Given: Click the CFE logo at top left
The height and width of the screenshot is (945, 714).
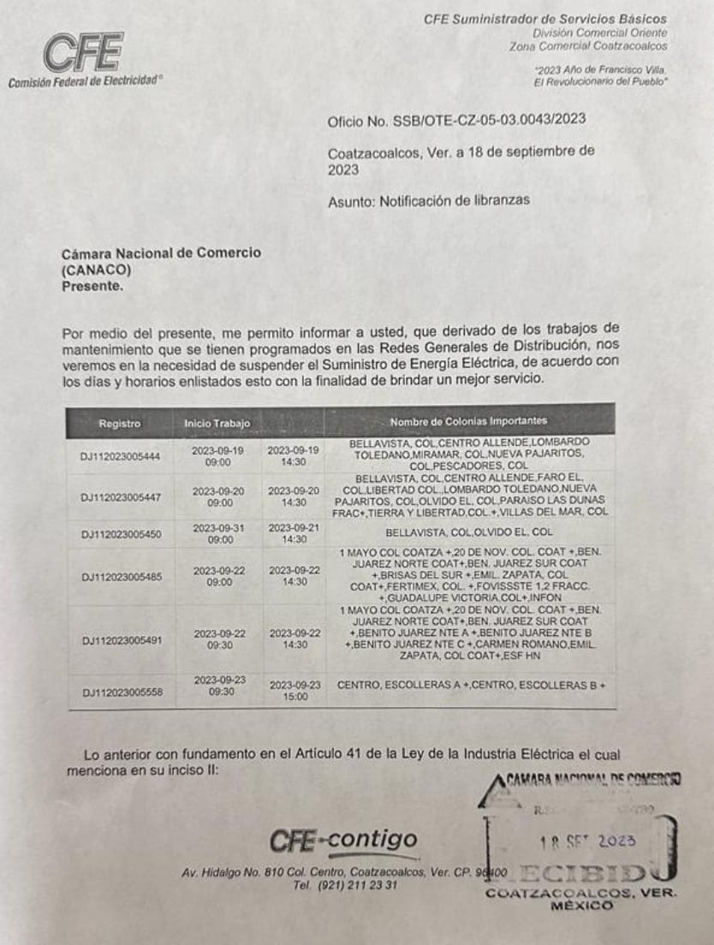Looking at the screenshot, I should [x=84, y=53].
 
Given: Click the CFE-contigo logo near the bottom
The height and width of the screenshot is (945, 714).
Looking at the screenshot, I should [x=343, y=841].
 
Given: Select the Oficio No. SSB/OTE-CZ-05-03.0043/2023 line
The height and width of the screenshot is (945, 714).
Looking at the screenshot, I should [x=456, y=120].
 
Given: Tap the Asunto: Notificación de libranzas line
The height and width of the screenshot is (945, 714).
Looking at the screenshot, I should [x=428, y=200].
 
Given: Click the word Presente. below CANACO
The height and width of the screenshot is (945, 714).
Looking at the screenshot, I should [x=92, y=287].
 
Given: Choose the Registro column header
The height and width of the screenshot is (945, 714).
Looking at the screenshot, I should [x=119, y=423].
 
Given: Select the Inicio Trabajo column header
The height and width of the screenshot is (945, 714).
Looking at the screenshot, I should [x=217, y=423].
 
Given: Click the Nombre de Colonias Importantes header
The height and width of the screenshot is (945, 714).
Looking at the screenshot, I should [x=468, y=421].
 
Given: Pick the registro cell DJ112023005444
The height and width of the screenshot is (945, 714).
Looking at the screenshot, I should [x=120, y=456].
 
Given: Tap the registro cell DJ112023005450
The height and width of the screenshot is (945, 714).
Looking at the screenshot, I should [x=120, y=534].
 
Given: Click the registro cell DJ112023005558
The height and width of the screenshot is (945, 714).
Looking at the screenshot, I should [x=120, y=692].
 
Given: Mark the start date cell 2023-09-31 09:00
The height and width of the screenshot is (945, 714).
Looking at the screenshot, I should [x=219, y=534].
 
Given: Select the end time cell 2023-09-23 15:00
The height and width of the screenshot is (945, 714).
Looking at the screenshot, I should [x=295, y=691].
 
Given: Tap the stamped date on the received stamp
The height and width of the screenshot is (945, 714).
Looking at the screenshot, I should [x=582, y=841].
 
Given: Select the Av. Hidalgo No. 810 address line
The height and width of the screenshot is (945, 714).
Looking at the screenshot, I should [x=342, y=872].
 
